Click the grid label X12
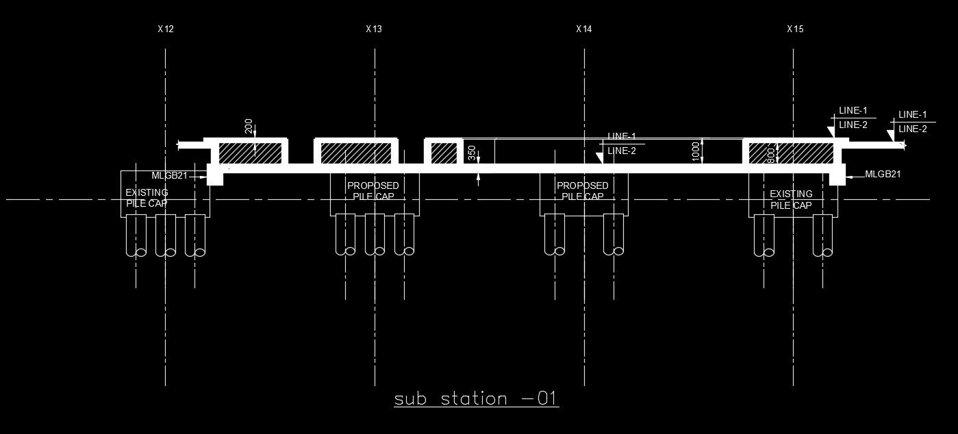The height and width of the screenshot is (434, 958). [166, 29]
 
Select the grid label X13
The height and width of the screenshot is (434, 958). [374, 29]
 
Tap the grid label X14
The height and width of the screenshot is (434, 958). [584, 29]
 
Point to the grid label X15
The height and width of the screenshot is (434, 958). [795, 29]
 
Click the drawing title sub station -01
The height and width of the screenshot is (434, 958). [477, 398]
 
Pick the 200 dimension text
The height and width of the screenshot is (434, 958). [249, 126]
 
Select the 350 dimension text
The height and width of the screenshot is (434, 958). [472, 153]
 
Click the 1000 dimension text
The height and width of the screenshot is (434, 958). [696, 151]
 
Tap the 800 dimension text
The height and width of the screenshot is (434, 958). [770, 155]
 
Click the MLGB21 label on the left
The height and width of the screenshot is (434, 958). [169, 176]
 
